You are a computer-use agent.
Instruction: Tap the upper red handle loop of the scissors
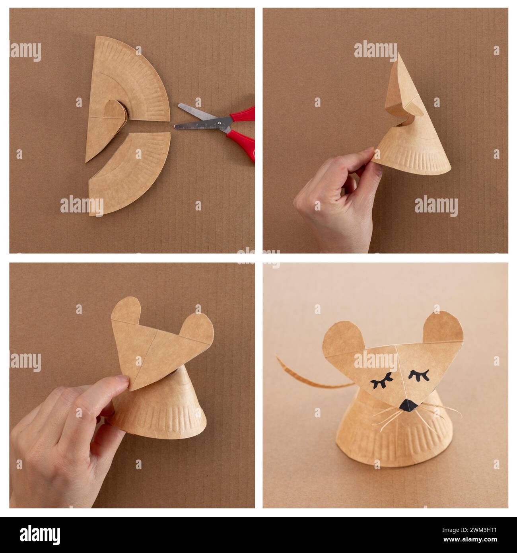click(x=243, y=113)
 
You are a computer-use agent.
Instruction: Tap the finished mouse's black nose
click(x=407, y=405)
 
